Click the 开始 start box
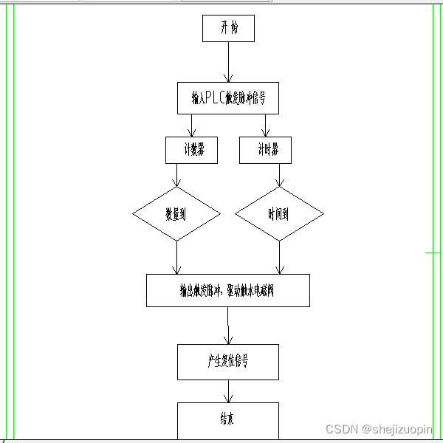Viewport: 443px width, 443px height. (228, 29)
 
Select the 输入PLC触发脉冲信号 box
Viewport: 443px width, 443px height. (228, 97)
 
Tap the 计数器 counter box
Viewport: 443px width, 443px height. (191, 150)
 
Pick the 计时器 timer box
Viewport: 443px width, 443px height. (265, 150)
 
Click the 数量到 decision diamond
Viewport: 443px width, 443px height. (176, 213)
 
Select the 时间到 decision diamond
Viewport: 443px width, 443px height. (279, 213)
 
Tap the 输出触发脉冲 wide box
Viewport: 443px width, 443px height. (228, 290)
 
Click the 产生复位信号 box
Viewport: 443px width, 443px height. (228, 362)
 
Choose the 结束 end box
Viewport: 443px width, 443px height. (228, 419)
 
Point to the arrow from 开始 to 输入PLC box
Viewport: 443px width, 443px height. (228, 62)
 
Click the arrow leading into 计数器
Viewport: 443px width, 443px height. (191, 126)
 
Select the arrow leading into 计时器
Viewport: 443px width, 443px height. (265, 126)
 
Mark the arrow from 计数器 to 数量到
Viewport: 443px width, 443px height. (177, 175)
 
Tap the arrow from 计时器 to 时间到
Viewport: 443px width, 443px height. (279, 175)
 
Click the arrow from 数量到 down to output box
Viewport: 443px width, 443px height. (177, 257)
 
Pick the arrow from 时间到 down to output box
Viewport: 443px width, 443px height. (279, 257)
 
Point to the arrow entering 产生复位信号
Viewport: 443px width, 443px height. (228, 325)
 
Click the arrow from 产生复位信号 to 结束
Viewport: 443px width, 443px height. (228, 391)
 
